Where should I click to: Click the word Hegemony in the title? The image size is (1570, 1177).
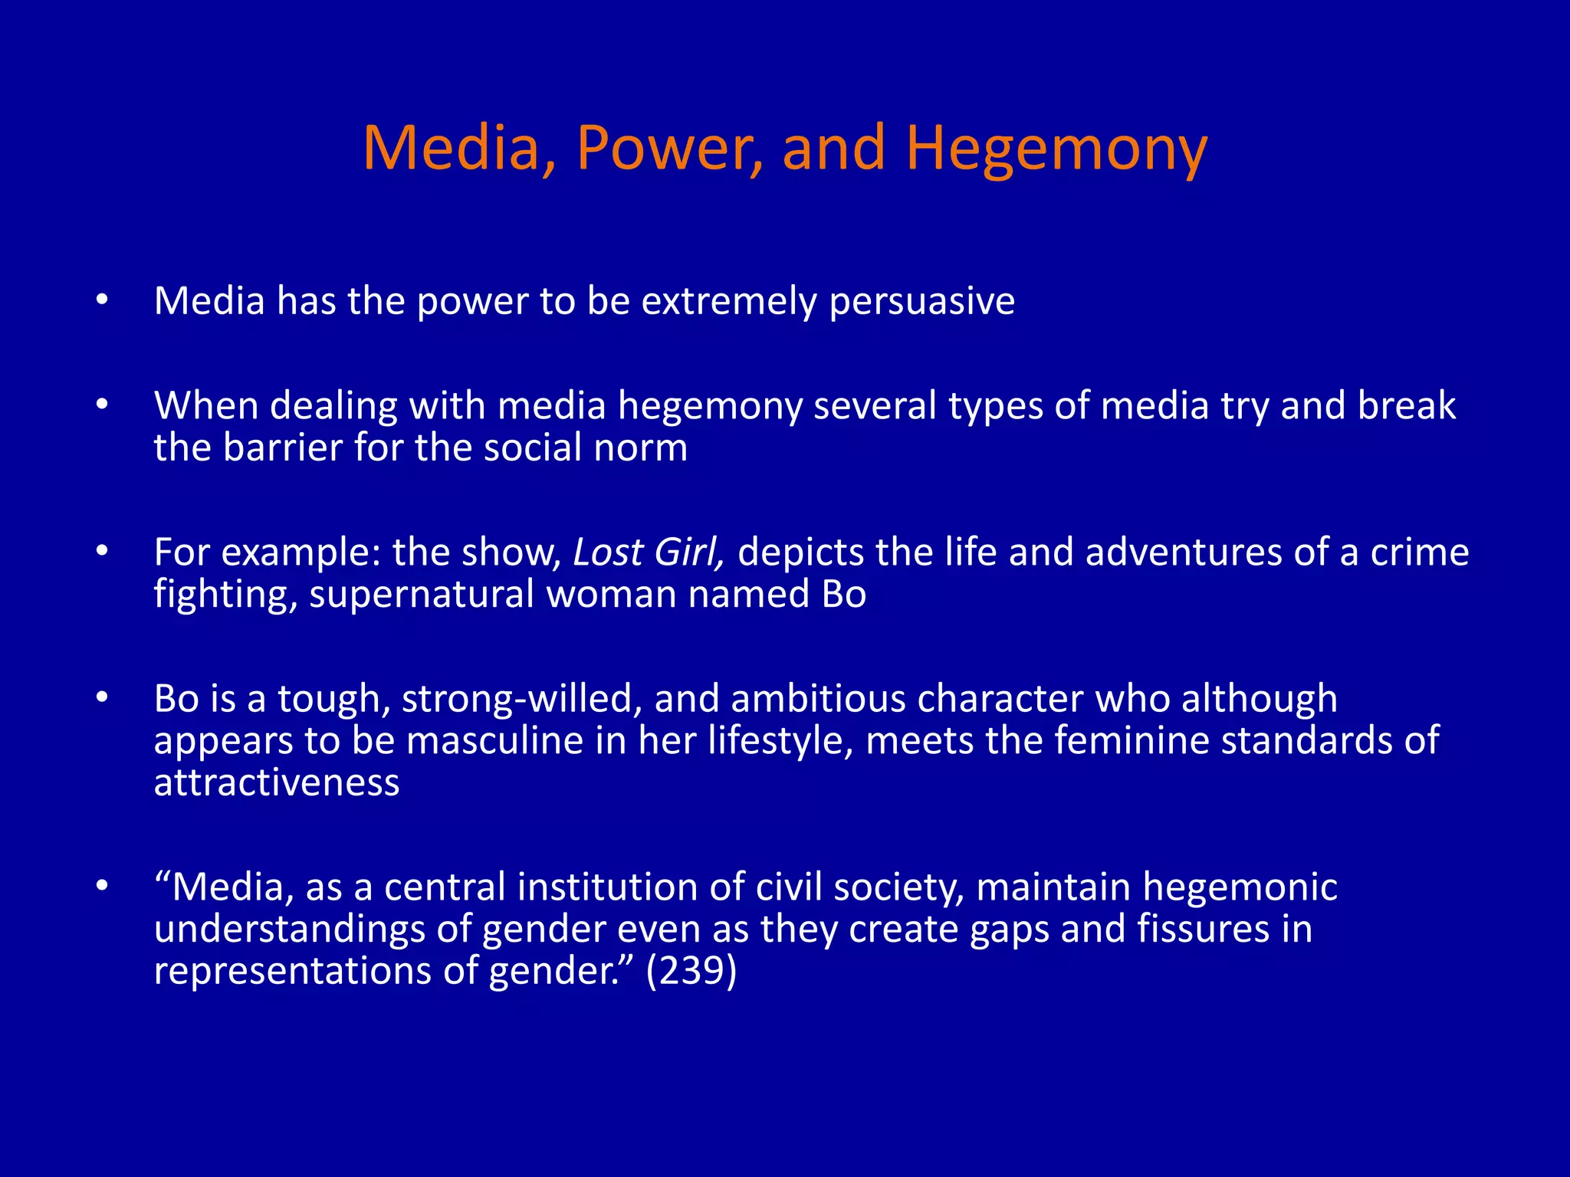1056,149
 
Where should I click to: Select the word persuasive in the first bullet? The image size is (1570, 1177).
922,301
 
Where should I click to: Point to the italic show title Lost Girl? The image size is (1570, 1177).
647,552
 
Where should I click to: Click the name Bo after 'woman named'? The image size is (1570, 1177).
843,595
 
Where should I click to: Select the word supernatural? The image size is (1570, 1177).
421,595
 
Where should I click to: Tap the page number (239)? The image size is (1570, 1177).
691,971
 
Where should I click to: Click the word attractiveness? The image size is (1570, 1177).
276,783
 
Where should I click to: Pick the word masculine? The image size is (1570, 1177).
494,741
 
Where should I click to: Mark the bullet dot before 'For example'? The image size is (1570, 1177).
102,551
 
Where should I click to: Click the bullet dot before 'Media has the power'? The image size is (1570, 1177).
102,300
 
